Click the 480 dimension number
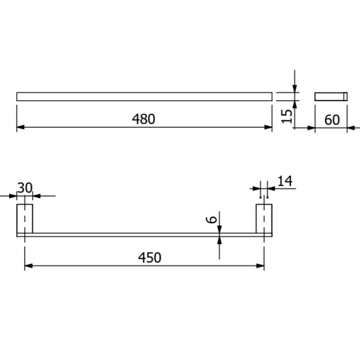pyautogui.click(x=144, y=119)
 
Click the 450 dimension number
pyautogui.click(x=150, y=257)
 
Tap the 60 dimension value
pyautogui.click(x=331, y=119)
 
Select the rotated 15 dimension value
pyautogui.click(x=286, y=116)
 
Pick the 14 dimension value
pyautogui.click(x=284, y=181)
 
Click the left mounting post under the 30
pyautogui.click(x=24, y=218)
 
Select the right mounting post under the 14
pyautogui.click(x=263, y=218)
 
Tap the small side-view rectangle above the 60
pyautogui.click(x=330, y=96)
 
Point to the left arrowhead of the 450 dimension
pyautogui.click(x=28, y=265)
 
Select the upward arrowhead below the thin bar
pyautogui.click(x=219, y=239)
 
